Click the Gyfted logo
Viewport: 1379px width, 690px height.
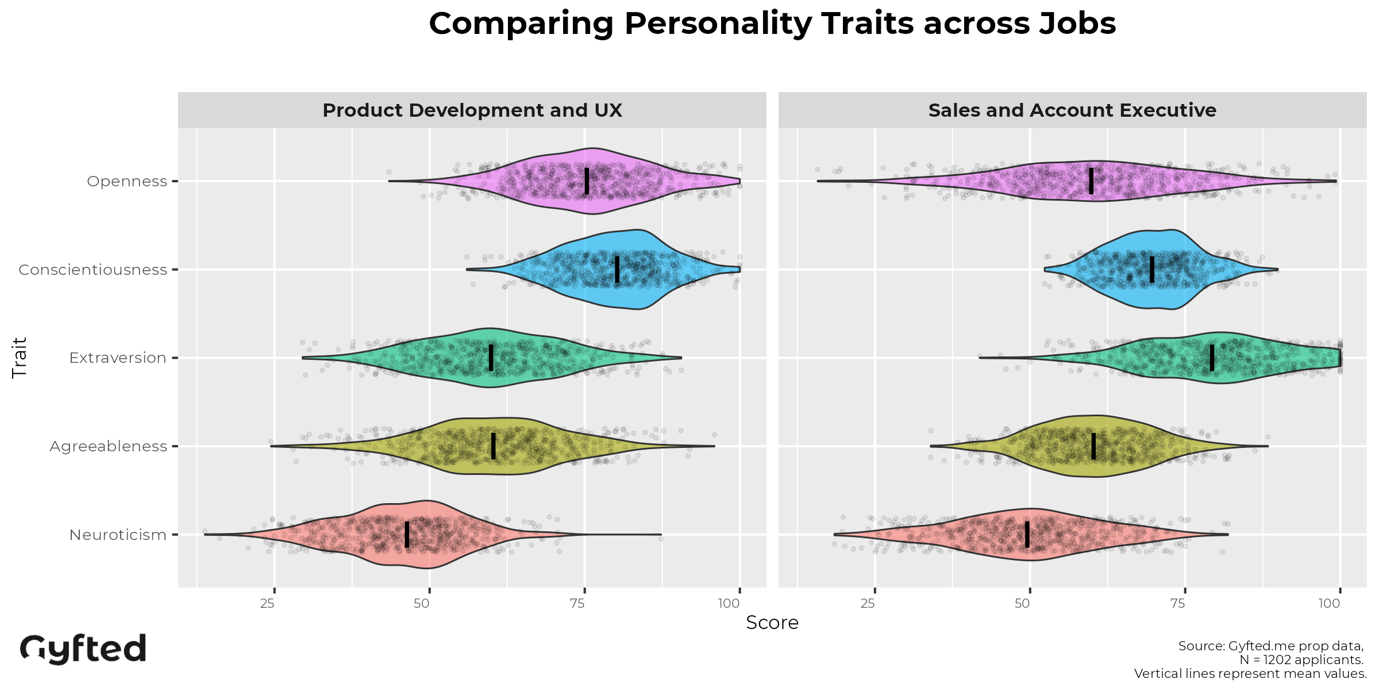tap(83, 649)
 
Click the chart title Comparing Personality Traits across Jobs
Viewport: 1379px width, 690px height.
tap(772, 24)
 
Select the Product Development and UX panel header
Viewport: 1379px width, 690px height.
tap(472, 110)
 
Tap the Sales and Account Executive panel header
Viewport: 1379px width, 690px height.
tap(1072, 110)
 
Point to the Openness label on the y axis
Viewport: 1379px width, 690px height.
tap(127, 181)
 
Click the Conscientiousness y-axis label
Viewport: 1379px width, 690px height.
tap(93, 270)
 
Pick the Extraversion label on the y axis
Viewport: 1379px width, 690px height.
tap(118, 358)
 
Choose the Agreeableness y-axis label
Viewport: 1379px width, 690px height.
tap(108, 446)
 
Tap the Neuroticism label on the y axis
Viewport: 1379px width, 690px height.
tap(118, 535)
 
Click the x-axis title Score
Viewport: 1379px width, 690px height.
tap(772, 623)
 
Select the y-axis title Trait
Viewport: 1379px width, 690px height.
tap(20, 358)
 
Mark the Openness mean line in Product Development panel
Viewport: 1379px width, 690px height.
tap(587, 181)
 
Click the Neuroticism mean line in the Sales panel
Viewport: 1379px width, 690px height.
tap(1027, 535)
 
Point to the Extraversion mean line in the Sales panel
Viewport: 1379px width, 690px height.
tap(1212, 358)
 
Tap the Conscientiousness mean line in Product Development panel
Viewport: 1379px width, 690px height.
tap(617, 270)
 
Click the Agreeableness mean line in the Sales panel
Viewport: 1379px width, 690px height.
tap(1093, 446)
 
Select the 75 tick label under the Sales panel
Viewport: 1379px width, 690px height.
tap(1178, 603)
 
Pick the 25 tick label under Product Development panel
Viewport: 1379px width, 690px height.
tap(267, 603)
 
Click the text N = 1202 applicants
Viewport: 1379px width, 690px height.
tap(1301, 660)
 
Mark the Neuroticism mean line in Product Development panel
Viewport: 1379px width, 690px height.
tap(407, 535)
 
